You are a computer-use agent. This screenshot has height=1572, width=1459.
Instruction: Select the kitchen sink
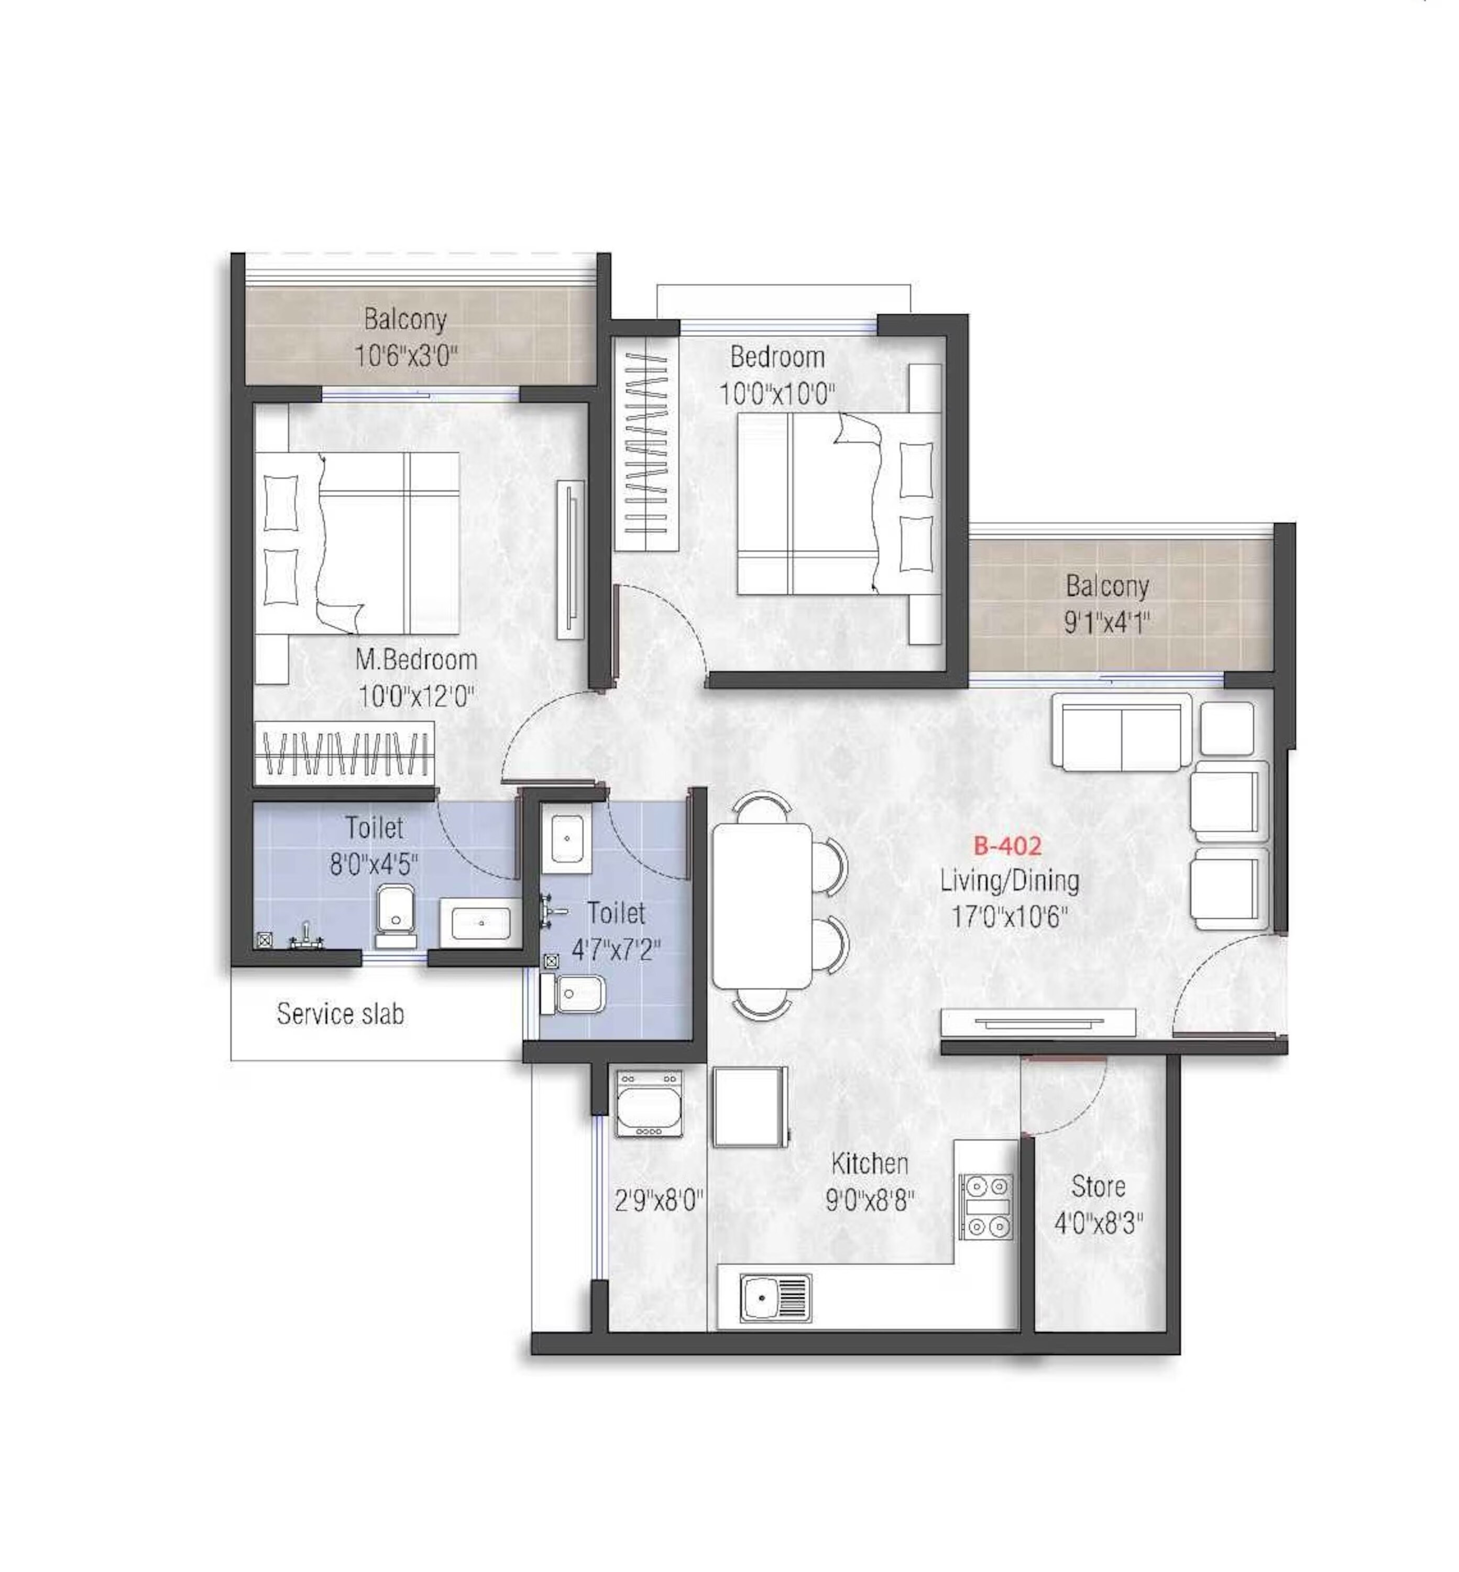[775, 1297]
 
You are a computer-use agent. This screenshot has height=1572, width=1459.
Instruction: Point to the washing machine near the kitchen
[648, 1103]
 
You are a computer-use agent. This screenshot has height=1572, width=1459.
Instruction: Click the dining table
[762, 905]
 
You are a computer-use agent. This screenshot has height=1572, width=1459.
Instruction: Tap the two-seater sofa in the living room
[1121, 730]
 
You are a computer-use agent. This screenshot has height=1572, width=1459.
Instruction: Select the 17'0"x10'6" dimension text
[1009, 916]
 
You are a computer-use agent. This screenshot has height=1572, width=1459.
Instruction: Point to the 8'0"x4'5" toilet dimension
[374, 865]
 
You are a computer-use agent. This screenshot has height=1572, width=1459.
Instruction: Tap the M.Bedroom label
[416, 659]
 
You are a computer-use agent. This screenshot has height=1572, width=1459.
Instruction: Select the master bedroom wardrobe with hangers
[344, 752]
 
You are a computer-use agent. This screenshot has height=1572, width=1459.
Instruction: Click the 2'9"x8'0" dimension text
[659, 1201]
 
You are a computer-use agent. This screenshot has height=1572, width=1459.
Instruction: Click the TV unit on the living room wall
[1038, 1022]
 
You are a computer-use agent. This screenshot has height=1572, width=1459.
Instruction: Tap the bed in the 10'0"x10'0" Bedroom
[837, 504]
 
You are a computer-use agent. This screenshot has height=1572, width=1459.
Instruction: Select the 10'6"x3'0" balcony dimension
[406, 356]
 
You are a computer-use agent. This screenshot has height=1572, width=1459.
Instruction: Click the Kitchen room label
[869, 1163]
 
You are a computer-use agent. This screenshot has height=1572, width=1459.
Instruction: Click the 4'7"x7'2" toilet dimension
[616, 950]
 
